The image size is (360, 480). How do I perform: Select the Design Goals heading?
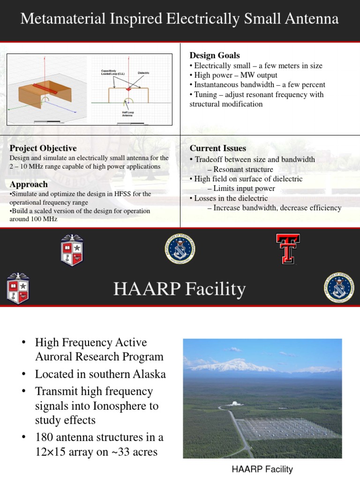[214, 56]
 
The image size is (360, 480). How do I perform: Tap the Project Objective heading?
[43, 149]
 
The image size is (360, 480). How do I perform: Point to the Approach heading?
[29, 184]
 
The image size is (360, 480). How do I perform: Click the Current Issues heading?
[217, 149]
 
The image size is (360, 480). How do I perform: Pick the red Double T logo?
[287, 249]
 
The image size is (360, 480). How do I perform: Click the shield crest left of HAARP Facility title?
[18, 288]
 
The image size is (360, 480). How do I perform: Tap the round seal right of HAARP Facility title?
[339, 288]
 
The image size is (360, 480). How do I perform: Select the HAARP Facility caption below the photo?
[262, 469]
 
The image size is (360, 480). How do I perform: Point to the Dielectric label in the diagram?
[143, 73]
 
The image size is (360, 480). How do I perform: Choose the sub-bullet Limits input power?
[244, 188]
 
